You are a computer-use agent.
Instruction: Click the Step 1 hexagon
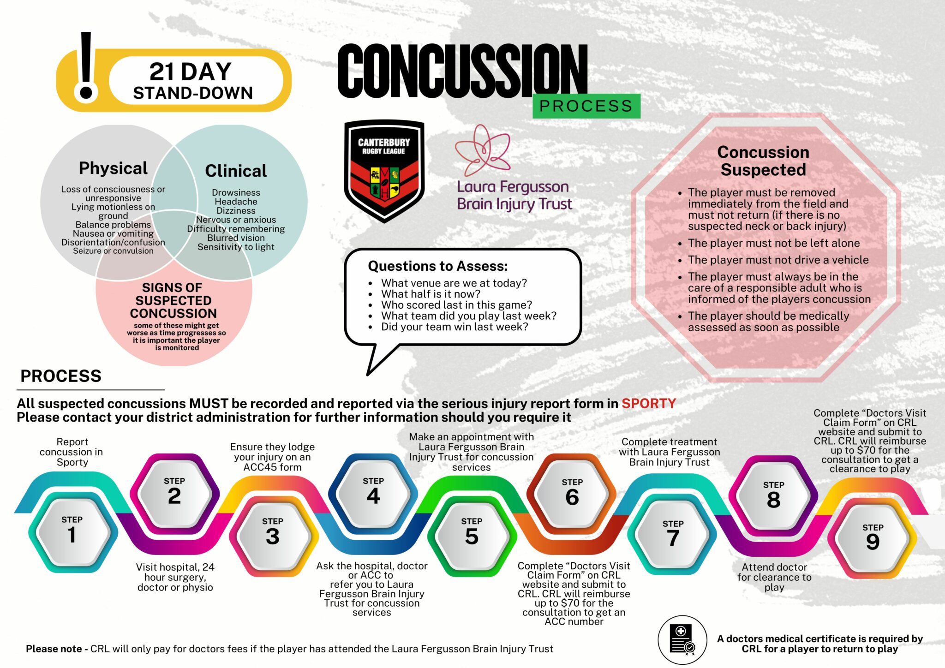click(72, 531)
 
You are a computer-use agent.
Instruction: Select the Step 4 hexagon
click(373, 492)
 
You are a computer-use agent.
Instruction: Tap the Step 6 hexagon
click(572, 493)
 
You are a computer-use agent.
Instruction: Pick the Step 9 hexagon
click(873, 537)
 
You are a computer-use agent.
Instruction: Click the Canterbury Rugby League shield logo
click(384, 171)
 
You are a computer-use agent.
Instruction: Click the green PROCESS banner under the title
click(586, 106)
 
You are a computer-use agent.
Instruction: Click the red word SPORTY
click(648, 403)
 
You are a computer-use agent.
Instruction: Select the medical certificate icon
click(682, 640)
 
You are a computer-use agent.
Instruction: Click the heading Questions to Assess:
click(437, 266)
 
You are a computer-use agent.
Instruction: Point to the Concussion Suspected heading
click(763, 161)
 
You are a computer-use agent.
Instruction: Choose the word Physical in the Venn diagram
click(113, 168)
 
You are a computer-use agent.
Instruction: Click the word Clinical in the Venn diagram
click(236, 171)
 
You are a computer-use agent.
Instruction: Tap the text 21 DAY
click(190, 72)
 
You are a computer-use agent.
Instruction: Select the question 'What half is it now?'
click(431, 294)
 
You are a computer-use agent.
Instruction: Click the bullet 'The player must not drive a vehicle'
click(778, 260)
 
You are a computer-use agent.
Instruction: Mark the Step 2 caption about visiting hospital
click(175, 577)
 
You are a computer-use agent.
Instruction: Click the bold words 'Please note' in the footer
click(54, 649)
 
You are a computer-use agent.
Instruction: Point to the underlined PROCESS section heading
click(61, 376)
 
